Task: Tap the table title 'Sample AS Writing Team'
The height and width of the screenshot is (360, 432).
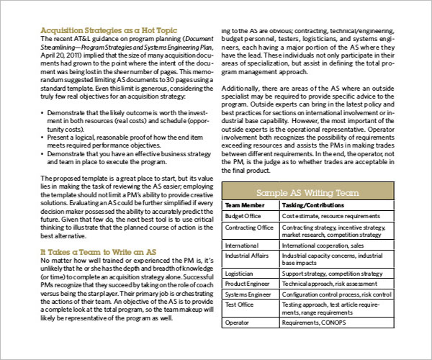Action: [309, 192]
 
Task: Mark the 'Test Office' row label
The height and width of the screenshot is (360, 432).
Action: [241, 305]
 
